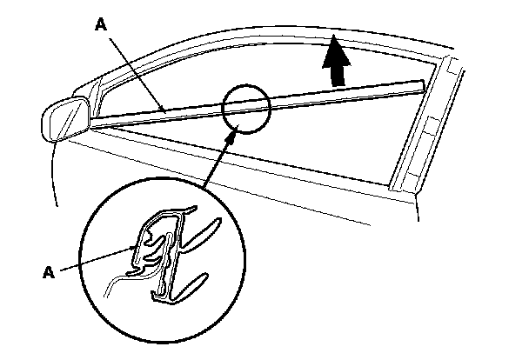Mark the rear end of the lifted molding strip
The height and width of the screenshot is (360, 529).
coord(421,84)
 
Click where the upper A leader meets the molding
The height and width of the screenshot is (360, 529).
coord(165,110)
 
